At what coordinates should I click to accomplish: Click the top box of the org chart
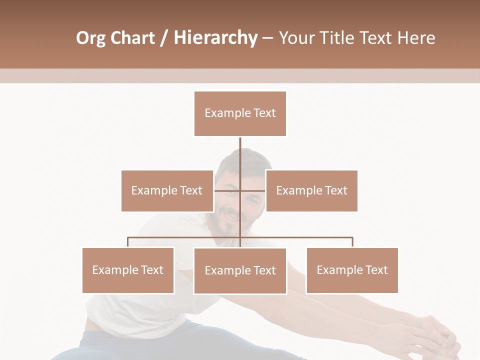click(x=240, y=113)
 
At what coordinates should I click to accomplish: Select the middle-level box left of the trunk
click(x=167, y=190)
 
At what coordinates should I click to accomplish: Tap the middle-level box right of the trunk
click(x=311, y=190)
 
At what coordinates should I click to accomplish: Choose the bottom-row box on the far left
click(x=128, y=270)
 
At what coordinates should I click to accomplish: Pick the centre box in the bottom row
click(x=240, y=270)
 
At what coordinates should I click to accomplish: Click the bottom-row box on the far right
click(x=352, y=270)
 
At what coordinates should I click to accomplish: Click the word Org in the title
click(x=90, y=38)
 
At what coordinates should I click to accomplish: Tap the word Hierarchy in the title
click(x=215, y=38)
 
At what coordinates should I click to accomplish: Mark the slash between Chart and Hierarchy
click(x=164, y=38)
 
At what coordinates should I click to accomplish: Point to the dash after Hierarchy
click(x=267, y=38)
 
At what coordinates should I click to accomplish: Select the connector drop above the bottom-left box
click(x=128, y=242)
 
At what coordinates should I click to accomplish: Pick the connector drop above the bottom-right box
click(x=352, y=242)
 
